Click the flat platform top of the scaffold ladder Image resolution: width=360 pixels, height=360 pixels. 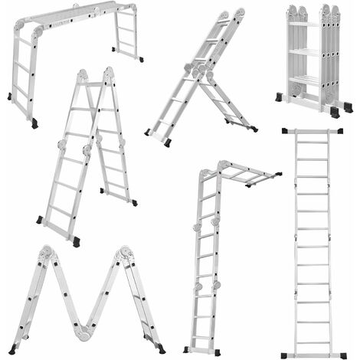pos(77,18)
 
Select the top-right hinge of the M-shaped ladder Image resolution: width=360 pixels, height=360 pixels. pos(123,254)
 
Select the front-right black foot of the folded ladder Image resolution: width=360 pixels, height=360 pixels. pos(335,112)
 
